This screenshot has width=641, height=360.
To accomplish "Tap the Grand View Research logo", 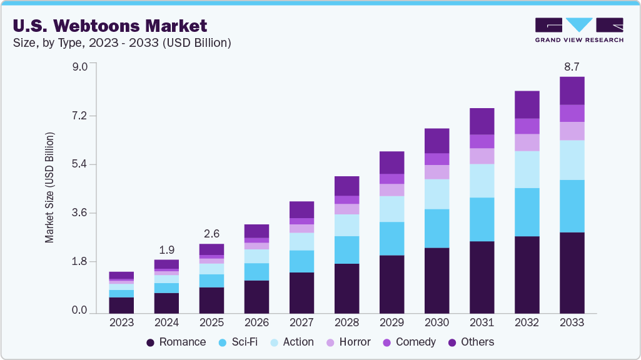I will click(x=578, y=30).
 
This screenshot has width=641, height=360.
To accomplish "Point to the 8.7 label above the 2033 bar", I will click(x=572, y=66).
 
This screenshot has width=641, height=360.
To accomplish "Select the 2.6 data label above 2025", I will click(x=211, y=233).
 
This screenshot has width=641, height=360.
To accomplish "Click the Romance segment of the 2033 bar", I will click(x=572, y=273).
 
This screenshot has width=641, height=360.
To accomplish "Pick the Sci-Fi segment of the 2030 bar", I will click(x=437, y=228).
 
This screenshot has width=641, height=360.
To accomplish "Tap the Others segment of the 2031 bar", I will click(x=482, y=121).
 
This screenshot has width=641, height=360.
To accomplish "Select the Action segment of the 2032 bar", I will click(x=527, y=169).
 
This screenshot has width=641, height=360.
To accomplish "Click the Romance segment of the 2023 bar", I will click(x=121, y=306).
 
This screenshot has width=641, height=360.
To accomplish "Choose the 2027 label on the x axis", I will click(x=301, y=323).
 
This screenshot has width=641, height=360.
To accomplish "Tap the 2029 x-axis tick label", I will click(x=391, y=323).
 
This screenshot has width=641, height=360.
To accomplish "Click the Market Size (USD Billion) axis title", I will click(x=49, y=187).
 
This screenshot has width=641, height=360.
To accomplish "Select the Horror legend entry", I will click(x=348, y=342).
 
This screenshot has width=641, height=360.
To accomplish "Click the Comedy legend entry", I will click(x=410, y=342).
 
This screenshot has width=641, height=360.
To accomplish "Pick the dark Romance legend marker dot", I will click(x=150, y=342).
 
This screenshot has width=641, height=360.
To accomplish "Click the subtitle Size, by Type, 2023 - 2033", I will click(x=123, y=42).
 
